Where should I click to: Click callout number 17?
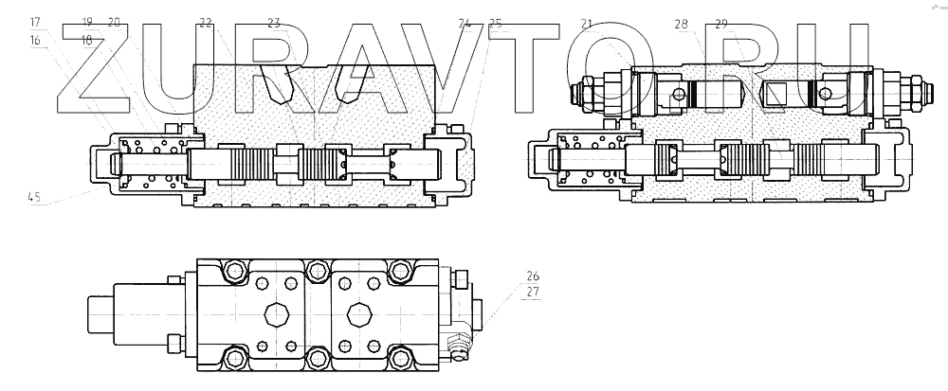pos(35,21)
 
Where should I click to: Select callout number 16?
pos(35,41)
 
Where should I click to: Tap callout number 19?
pos(87,21)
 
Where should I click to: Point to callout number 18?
pos(87,41)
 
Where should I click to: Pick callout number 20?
pos(114,21)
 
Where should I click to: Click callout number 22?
pos(206,22)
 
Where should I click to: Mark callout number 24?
pos(464,22)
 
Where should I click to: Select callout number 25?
pos(495,22)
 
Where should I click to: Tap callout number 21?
pos(587,23)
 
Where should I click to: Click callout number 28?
pos(682,23)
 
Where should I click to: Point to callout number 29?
pos(721,23)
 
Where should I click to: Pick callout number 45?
pos(34,198)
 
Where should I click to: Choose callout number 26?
pos(533,276)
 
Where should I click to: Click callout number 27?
pos(533,293)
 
